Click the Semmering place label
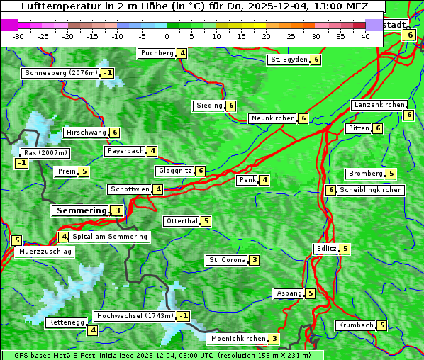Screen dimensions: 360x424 (79, 210)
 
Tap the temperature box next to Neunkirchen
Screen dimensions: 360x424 (303, 118)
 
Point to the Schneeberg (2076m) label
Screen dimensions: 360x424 (60, 73)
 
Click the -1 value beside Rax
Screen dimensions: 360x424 (22, 164)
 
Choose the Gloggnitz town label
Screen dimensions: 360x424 (174, 171)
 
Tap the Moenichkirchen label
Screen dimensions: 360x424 (238, 339)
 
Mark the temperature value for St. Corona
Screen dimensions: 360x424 (254, 260)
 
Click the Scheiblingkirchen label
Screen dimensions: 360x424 (371, 190)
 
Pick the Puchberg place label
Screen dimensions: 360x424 (157, 53)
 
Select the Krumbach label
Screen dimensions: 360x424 (355, 325)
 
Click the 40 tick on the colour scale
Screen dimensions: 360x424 (365, 36)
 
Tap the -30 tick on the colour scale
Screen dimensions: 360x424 (18, 36)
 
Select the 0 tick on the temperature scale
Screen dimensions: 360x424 (167, 36)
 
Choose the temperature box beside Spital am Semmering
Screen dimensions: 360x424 (64, 237)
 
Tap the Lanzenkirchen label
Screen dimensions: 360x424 (379, 105)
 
